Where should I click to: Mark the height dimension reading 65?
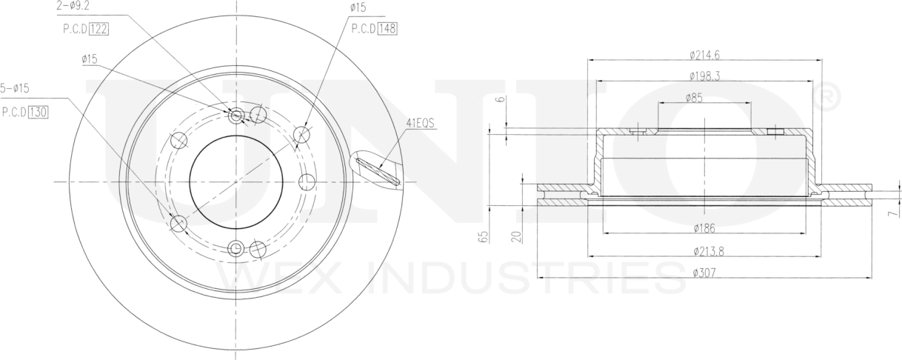tap(484, 237)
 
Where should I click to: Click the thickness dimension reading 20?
tap(516, 236)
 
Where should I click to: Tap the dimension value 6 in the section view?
tap(500, 99)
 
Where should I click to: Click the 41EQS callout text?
tap(419, 123)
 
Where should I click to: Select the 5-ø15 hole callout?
tap(15, 89)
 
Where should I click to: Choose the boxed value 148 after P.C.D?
tap(387, 29)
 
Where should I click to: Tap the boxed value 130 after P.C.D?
tap(39, 113)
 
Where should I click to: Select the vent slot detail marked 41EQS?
tap(378, 170)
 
